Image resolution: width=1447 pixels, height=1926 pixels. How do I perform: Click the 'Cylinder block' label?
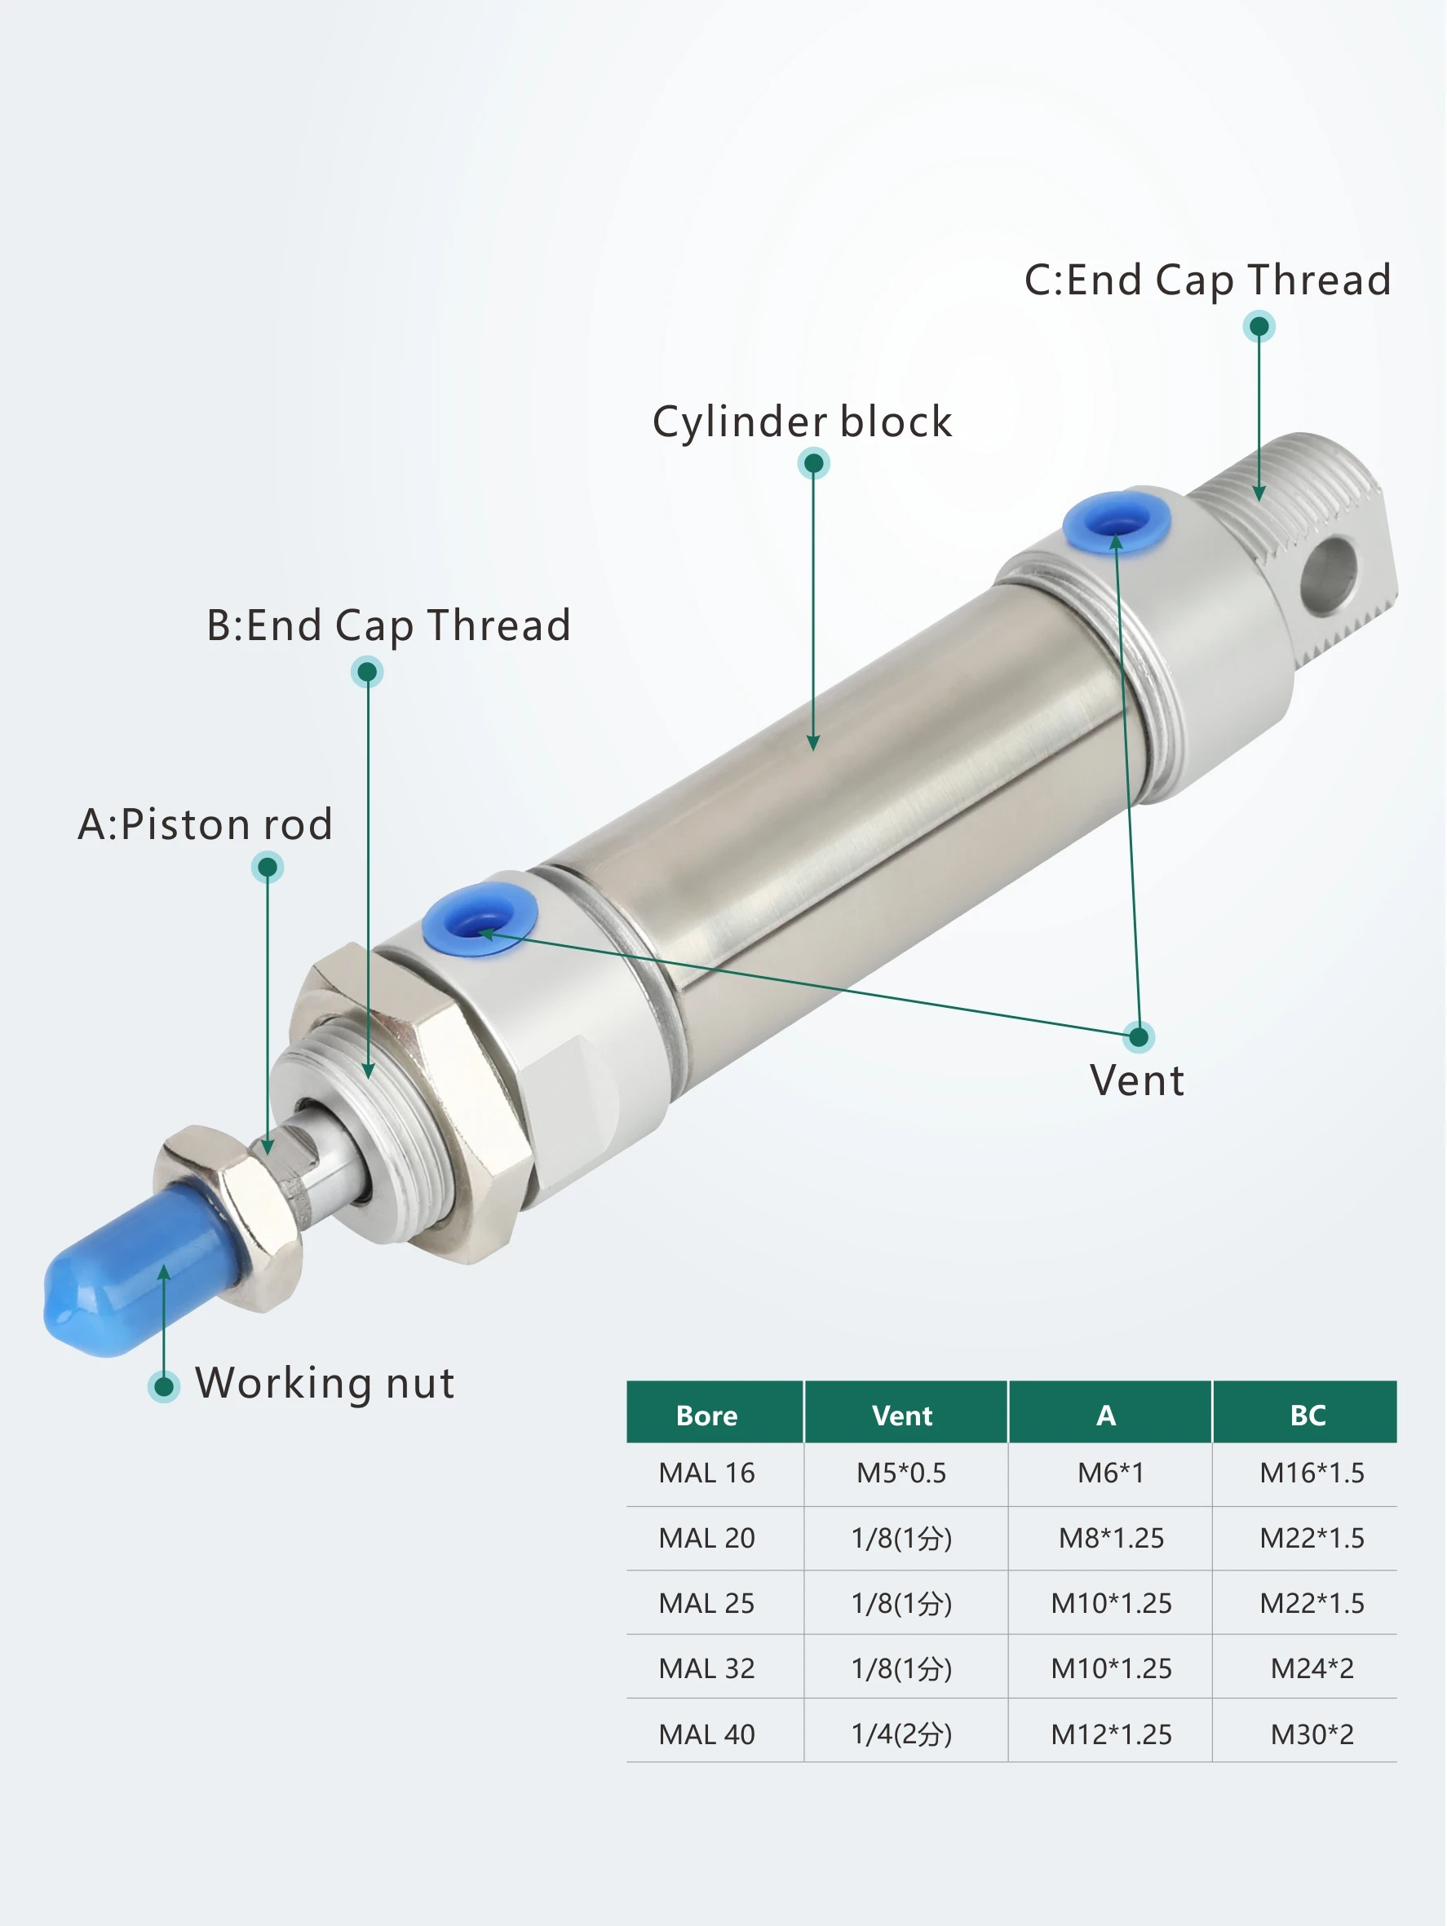[803, 422]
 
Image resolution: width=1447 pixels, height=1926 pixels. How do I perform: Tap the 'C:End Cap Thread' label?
[1207, 281]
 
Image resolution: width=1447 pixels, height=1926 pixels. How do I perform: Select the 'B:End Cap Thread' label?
[388, 626]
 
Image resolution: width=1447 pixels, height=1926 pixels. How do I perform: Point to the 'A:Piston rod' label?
[206, 824]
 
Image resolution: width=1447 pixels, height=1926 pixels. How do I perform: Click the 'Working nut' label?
[325, 1383]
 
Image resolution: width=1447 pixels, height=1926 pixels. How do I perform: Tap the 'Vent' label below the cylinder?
[1137, 1080]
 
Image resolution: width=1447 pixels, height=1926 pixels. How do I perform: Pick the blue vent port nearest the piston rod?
[480, 920]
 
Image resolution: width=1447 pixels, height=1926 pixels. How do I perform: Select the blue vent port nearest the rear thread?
[1117, 523]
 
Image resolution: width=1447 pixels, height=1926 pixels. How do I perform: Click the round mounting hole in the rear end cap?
[1330, 575]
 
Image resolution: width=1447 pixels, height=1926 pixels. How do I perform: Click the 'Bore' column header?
[706, 1416]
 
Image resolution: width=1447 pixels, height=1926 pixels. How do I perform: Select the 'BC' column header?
[1308, 1416]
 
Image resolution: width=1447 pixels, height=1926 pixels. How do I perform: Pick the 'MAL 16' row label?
[706, 1473]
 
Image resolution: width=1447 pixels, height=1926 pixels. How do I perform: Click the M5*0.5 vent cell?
[901, 1473]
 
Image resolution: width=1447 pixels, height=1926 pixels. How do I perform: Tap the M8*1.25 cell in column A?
[1111, 1539]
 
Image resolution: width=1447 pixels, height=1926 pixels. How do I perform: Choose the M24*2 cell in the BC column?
[1312, 1669]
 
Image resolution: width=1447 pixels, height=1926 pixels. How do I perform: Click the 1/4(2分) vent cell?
[901, 1734]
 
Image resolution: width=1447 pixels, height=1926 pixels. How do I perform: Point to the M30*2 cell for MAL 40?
[1312, 1734]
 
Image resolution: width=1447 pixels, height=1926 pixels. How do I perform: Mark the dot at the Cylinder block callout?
[814, 463]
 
